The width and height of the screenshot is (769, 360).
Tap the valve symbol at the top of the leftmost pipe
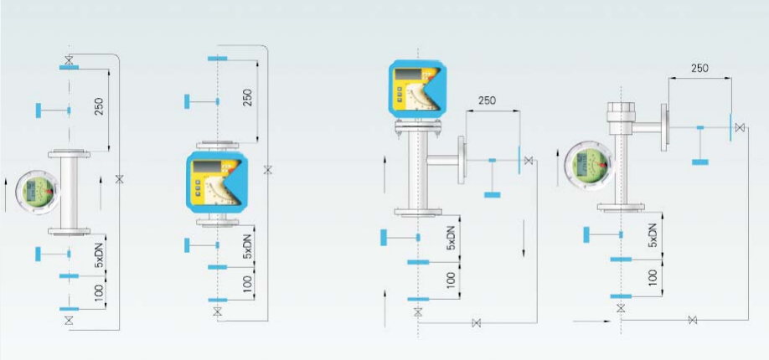point(68,59)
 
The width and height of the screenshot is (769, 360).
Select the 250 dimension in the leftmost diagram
point(100,105)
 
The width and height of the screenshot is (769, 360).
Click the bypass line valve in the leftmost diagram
point(119,178)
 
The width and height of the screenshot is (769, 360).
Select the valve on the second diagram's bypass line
point(267,170)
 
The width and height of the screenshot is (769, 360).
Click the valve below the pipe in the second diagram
point(218,311)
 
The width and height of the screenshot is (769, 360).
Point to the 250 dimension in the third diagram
point(487,100)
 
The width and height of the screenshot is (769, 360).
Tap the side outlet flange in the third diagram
point(463,160)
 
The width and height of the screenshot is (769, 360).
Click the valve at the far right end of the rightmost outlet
point(740,127)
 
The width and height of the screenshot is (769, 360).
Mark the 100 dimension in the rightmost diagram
point(653,278)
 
